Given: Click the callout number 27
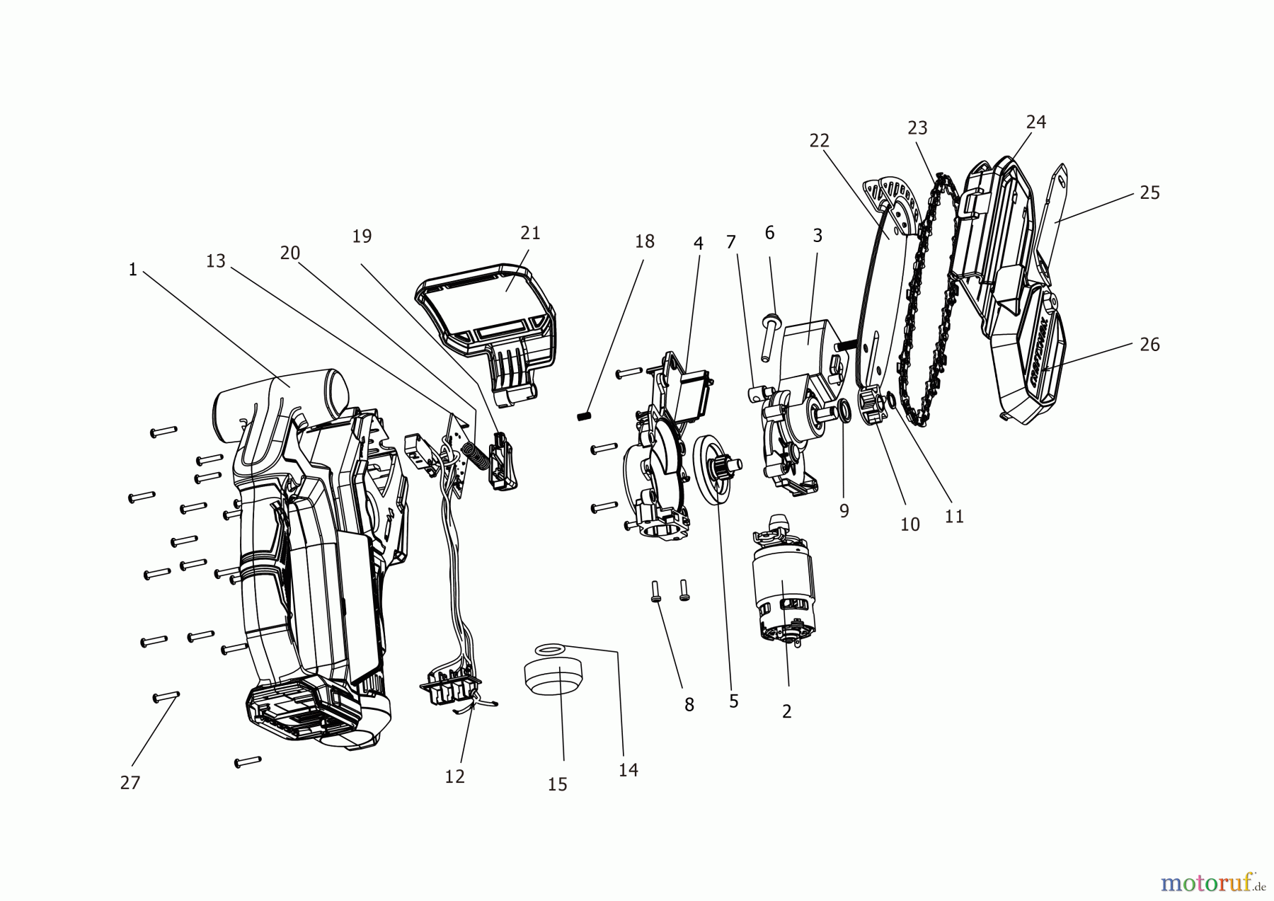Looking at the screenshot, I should pyautogui.click(x=130, y=782).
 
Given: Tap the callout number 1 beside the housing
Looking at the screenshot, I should pyautogui.click(x=132, y=270).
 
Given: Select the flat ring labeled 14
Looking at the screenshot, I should pyautogui.click(x=550, y=648).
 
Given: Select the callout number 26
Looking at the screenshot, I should pyautogui.click(x=1150, y=344).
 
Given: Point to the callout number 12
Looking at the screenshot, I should pyautogui.click(x=455, y=776).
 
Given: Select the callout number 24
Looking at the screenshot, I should pyautogui.click(x=1036, y=122).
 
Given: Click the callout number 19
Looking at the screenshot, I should pyautogui.click(x=362, y=236).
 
